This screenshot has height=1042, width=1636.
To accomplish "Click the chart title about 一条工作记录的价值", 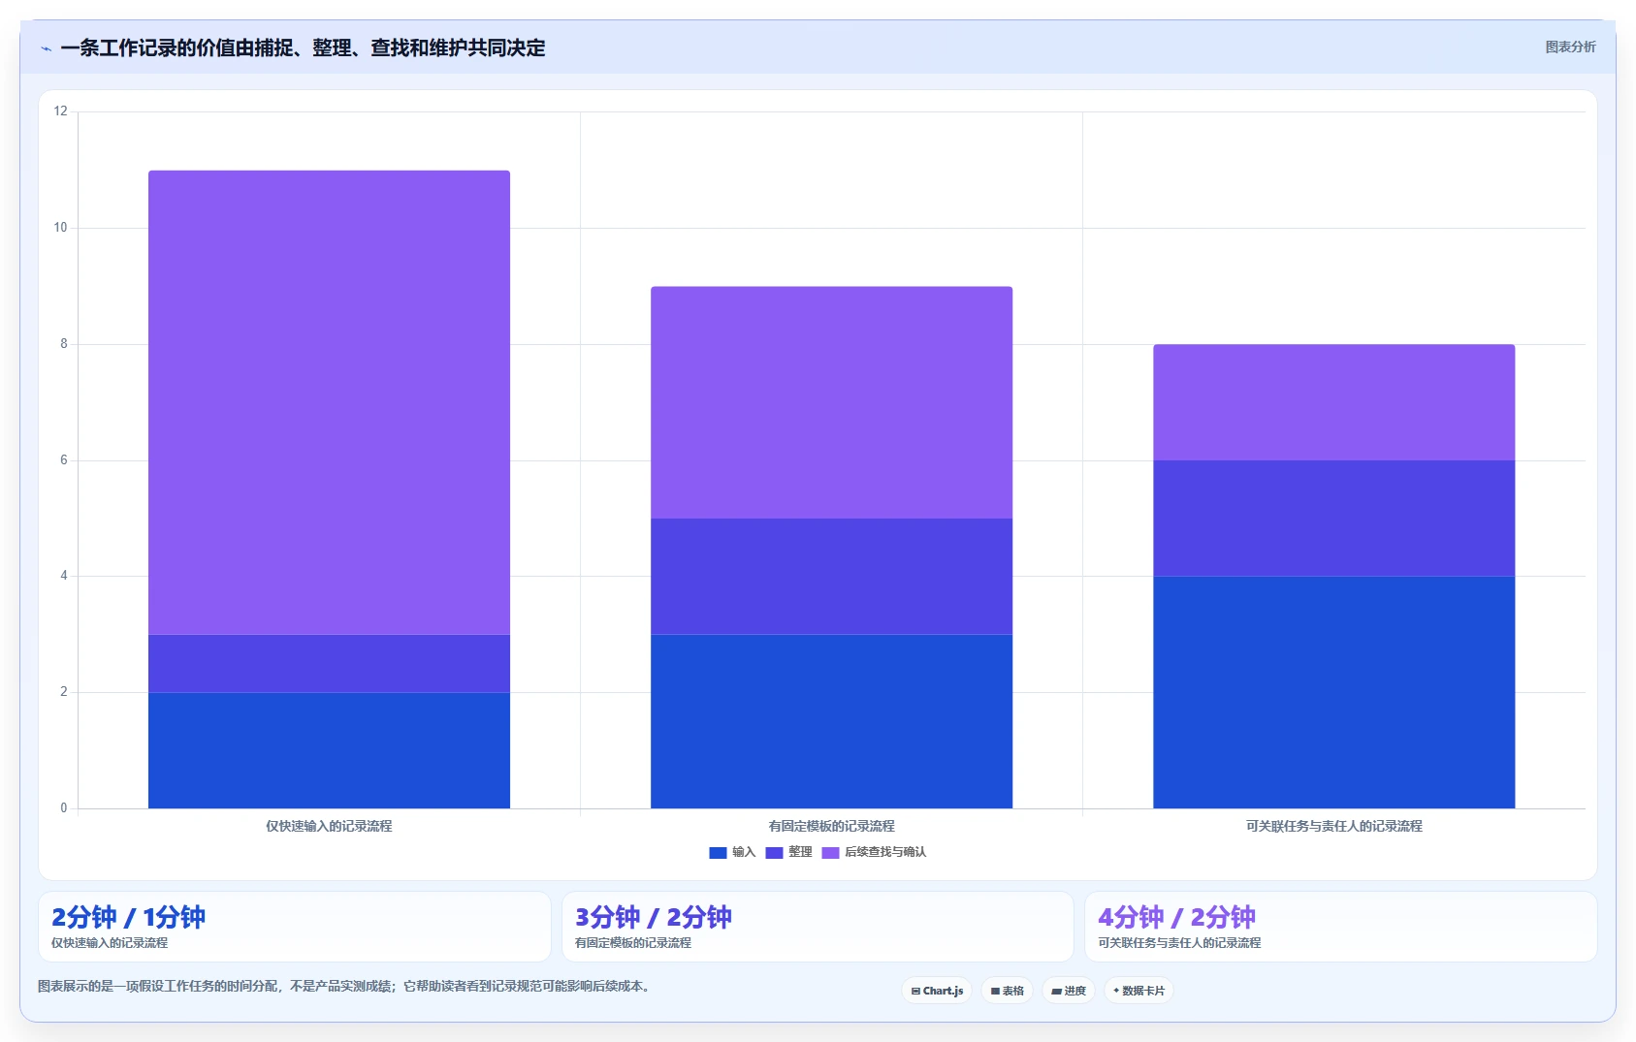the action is click(x=303, y=48).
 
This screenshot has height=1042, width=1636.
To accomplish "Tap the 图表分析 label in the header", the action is click(x=1570, y=47).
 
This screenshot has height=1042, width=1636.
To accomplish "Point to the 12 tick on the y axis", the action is click(x=60, y=111).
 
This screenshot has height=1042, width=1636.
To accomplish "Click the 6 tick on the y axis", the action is click(x=64, y=460).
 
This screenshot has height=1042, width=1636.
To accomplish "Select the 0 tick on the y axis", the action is click(x=64, y=807).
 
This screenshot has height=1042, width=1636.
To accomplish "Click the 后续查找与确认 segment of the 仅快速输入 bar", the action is click(x=329, y=402).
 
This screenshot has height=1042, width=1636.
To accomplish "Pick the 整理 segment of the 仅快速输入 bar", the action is click(x=329, y=664).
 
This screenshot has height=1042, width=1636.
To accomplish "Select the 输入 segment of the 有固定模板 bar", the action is click(x=831, y=721).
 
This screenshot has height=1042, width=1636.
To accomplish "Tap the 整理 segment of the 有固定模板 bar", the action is click(x=831, y=577).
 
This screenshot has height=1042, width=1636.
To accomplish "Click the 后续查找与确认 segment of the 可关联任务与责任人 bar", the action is click(x=1333, y=402).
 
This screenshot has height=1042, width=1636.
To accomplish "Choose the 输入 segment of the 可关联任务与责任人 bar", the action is click(x=1333, y=692).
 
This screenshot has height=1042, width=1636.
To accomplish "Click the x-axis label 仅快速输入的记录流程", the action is click(x=329, y=826).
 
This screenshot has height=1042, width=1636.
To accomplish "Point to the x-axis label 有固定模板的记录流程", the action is click(x=831, y=826).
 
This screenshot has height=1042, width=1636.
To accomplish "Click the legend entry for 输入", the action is click(x=732, y=852).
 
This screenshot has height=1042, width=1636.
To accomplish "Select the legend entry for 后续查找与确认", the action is click(x=874, y=852).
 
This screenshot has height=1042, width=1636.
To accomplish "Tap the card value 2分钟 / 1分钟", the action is click(x=129, y=917).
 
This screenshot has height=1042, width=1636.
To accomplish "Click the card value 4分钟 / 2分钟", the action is click(x=1176, y=917).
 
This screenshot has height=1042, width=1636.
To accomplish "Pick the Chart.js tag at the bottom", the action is click(x=937, y=991).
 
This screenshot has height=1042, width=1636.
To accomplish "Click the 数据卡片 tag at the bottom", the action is click(x=1139, y=991).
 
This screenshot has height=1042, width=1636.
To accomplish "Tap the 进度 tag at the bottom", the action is click(x=1069, y=991).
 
